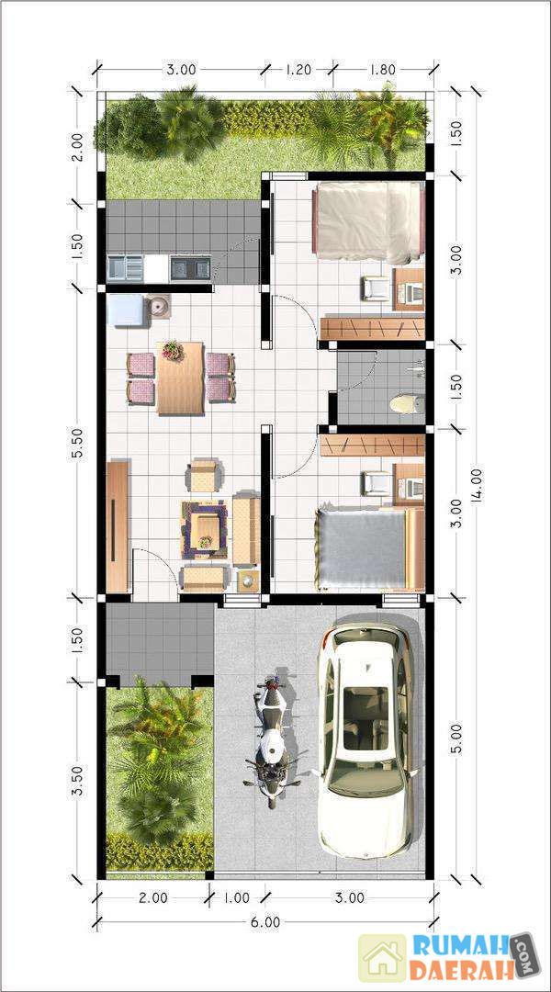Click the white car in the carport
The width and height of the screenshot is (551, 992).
point(366,741)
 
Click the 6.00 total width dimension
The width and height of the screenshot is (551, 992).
point(265,922)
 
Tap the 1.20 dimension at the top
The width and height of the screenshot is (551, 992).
point(298,69)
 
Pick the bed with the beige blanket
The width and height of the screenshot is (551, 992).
point(367,222)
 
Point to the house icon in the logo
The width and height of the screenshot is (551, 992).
point(382,958)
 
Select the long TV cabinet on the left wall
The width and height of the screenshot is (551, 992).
point(117,526)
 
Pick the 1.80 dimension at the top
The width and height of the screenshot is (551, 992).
point(381,69)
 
